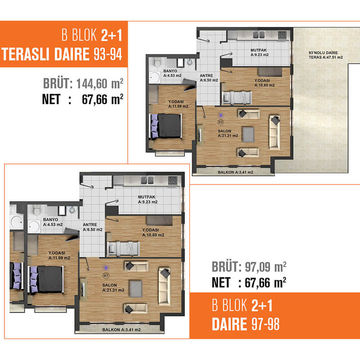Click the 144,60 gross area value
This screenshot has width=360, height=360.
coord(100,84)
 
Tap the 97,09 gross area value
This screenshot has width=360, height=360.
coord(265,267)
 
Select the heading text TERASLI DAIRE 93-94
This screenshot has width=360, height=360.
coord(62,54)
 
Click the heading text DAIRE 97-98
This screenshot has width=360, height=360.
coord(246,324)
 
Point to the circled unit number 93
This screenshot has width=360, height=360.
coord(220,122)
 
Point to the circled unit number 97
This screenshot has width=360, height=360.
coord(106,275)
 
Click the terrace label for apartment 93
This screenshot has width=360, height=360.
coord(325,55)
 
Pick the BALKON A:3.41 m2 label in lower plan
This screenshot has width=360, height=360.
coord(121,330)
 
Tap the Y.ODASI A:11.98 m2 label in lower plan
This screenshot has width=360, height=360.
coord(59,255)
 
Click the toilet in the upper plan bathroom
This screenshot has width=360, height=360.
coord(157,62)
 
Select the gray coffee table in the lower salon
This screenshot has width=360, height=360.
coord(136,288)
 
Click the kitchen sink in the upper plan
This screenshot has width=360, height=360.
coord(259,35)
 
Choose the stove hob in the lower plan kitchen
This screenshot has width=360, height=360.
coord(173,180)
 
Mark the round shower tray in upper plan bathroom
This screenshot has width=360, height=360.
coord(154,77)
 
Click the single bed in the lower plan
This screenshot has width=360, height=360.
coord(124,248)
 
